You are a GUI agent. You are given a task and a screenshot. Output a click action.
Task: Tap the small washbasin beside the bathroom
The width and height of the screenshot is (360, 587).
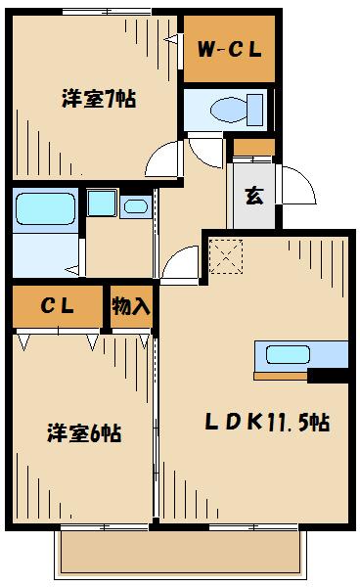(x=134, y=205)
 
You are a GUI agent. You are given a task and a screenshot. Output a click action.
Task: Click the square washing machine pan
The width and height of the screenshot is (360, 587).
(x=100, y=203)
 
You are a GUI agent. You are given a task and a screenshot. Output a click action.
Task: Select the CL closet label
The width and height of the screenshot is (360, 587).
(x=57, y=306)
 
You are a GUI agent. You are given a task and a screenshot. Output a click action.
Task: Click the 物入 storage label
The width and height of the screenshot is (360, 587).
(x=130, y=306)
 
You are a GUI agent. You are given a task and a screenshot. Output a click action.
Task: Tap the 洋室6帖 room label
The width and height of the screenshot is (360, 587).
(x=83, y=432)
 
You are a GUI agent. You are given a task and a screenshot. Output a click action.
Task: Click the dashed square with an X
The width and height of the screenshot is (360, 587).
(x=226, y=257)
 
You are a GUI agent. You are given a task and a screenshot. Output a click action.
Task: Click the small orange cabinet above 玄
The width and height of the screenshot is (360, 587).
(x=253, y=148)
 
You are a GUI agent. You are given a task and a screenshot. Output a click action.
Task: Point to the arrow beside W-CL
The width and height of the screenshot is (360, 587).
(x=172, y=40)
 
